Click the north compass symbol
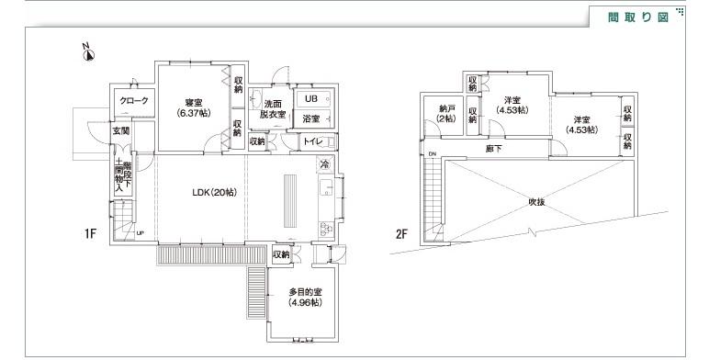tap(87, 52)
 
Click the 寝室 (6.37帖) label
tap(191, 107)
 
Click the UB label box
tap(310, 99)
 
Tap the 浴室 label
tap(310, 119)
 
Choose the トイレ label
tap(311, 141)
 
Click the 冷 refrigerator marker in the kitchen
tap(324, 164)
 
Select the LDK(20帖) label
tap(214, 192)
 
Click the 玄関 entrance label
tap(121, 132)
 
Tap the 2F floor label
tap(401, 234)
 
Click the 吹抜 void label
tap(536, 202)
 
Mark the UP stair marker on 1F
tap(140, 233)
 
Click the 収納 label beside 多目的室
tap(281, 253)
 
